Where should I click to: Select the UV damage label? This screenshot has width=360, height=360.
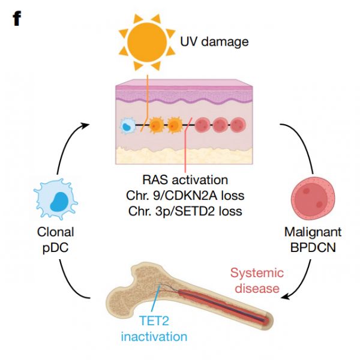(214, 42)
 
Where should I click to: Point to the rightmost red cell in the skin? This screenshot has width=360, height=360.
(238, 125)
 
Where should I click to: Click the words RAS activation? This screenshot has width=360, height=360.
(185, 179)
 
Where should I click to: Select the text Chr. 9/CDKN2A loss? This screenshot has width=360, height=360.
(185, 195)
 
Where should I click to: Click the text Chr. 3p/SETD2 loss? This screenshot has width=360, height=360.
(185, 211)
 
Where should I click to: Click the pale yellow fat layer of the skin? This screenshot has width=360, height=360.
(180, 155)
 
